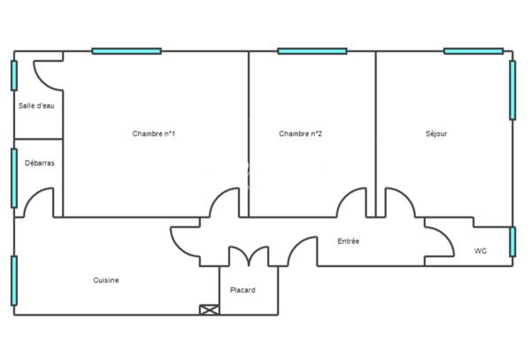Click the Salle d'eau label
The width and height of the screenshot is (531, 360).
click(36, 106)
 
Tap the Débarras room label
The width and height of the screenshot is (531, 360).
click(37, 163)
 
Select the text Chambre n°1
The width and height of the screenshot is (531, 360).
click(153, 134)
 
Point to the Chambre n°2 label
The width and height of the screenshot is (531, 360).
click(300, 134)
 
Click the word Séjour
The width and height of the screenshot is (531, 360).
click(435, 134)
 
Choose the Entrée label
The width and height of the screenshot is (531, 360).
click(349, 241)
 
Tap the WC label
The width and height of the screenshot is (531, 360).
click(481, 251)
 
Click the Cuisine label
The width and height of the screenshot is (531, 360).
click(106, 280)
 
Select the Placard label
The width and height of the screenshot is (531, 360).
click(242, 289)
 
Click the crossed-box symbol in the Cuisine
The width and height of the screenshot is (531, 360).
click(209, 310)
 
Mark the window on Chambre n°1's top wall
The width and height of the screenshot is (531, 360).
click(127, 51)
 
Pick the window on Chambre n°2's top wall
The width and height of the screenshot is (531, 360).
click(312, 51)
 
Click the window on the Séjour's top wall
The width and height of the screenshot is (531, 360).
click(473, 51)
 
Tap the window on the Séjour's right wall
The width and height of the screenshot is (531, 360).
click(512, 90)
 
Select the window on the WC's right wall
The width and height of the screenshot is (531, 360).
click(512, 241)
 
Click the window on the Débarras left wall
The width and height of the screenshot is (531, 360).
click(14, 178)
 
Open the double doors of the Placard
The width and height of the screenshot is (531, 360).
click(249, 257)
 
